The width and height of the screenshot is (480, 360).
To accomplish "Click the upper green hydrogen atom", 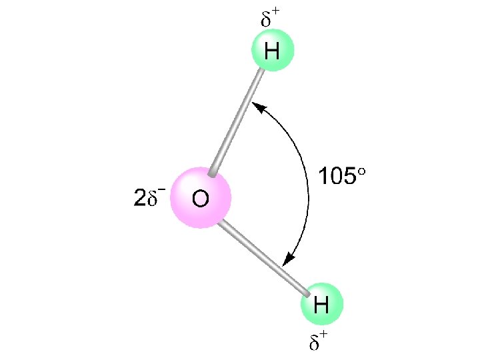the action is point(272,51).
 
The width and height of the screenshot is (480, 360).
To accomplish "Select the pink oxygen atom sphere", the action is point(200,198).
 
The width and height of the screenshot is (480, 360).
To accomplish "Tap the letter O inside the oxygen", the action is point(200,199).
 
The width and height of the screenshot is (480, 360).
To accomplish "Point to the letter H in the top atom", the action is point(271,51).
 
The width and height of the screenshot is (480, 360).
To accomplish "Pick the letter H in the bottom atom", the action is point(321,305).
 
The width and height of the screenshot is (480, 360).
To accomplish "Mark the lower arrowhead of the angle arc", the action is point(289,262).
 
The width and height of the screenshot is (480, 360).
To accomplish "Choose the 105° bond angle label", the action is point(342,177).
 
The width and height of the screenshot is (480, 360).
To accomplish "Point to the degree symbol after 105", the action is point(362,172).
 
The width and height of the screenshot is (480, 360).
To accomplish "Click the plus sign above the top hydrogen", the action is point(275,13).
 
